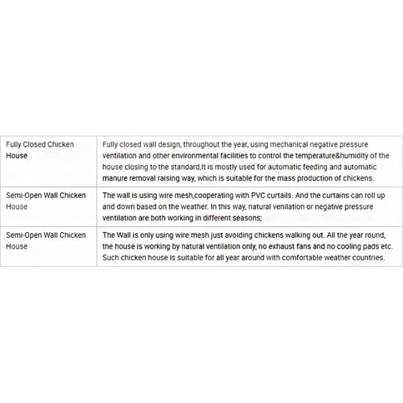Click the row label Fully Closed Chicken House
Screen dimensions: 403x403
[x=40, y=150]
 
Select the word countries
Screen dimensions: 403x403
[x=367, y=258]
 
